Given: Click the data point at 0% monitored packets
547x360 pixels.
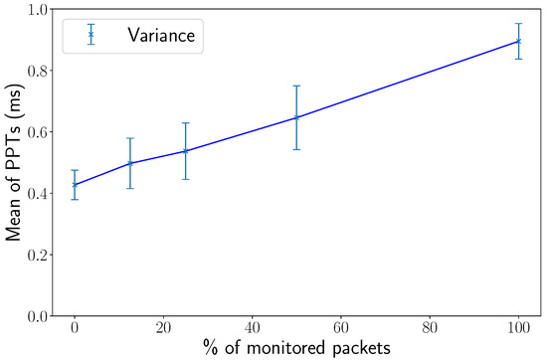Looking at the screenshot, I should click(75, 184).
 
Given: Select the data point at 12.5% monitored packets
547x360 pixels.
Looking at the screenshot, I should click(130, 163).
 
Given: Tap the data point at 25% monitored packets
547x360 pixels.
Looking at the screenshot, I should click(186, 151).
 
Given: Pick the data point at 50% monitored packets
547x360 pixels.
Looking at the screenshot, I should click(296, 117).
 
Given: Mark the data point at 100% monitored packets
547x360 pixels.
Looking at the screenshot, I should click(518, 41).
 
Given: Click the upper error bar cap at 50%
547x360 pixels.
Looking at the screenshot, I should click(296, 86).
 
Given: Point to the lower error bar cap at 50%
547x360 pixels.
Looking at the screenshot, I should click(296, 149).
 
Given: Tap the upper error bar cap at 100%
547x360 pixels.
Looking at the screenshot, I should click(518, 24).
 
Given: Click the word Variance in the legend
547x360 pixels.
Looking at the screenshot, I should click(164, 36).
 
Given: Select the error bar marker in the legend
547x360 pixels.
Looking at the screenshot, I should click(91, 35).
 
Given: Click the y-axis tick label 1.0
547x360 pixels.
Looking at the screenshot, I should click(39, 9).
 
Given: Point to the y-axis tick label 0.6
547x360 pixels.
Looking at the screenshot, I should click(39, 132).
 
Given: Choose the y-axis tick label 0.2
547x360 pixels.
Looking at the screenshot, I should click(39, 255).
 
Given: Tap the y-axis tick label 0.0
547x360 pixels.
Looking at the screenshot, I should click(39, 315).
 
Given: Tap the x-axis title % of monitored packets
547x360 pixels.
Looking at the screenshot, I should click(296, 348).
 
